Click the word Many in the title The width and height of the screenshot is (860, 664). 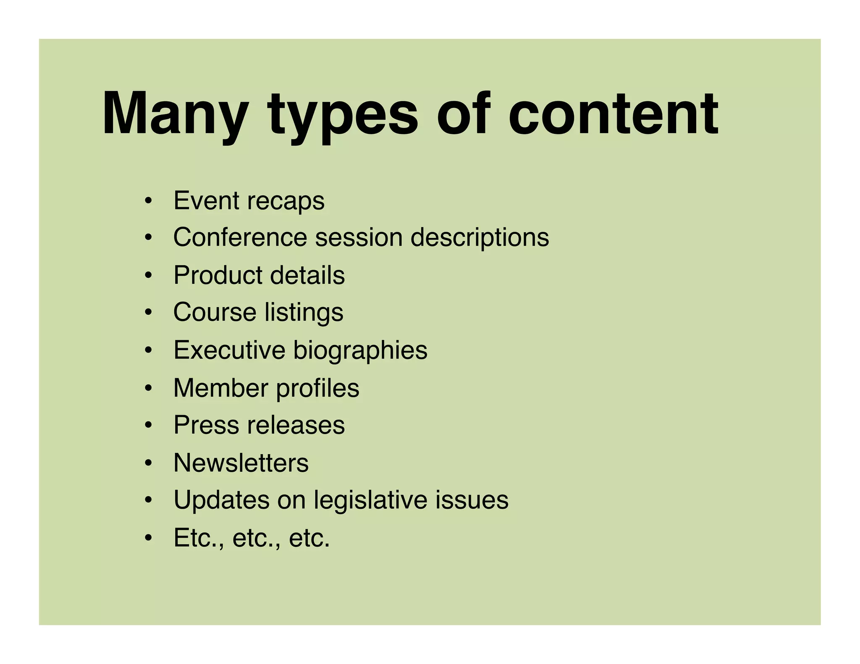click(x=174, y=114)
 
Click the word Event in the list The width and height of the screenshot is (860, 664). click(x=206, y=200)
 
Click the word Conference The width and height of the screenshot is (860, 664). click(x=240, y=237)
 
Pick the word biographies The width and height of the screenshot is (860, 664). click(x=360, y=351)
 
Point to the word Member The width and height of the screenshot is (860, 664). click(x=220, y=387)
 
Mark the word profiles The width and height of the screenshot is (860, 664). click(x=317, y=388)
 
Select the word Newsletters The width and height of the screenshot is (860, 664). click(x=241, y=463)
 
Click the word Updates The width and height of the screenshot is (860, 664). click(x=221, y=500)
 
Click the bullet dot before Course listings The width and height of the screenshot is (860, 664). click(x=148, y=313)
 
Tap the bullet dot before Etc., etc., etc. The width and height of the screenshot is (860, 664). click(x=148, y=538)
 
